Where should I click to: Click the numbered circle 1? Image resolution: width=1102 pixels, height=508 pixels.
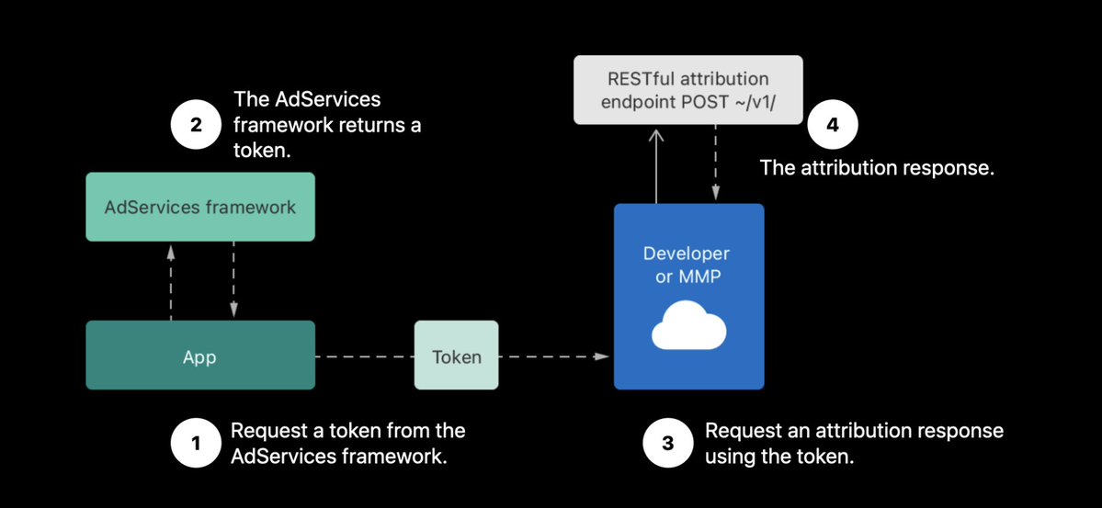click(x=196, y=444)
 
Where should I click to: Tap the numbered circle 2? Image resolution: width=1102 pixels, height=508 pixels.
click(x=196, y=127)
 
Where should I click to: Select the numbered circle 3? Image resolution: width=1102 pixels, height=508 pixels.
click(x=667, y=444)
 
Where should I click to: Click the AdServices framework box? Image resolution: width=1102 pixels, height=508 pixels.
click(x=200, y=208)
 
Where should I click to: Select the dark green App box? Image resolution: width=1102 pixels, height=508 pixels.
click(x=200, y=356)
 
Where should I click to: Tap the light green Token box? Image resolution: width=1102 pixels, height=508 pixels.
click(x=457, y=356)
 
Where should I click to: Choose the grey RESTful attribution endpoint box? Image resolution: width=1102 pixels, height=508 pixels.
click(x=688, y=90)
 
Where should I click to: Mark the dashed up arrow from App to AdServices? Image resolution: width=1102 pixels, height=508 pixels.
click(x=170, y=283)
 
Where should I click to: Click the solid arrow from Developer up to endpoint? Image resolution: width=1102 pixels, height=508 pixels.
click(x=656, y=166)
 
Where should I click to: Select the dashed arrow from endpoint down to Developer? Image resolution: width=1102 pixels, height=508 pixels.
click(x=715, y=163)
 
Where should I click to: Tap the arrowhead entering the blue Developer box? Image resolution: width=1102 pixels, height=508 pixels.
click(x=602, y=356)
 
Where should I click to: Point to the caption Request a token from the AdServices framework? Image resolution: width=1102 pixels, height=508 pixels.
click(x=348, y=444)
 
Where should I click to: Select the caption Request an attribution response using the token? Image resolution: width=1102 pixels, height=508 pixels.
click(x=854, y=444)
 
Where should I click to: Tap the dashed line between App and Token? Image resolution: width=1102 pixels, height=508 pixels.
click(x=365, y=357)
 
